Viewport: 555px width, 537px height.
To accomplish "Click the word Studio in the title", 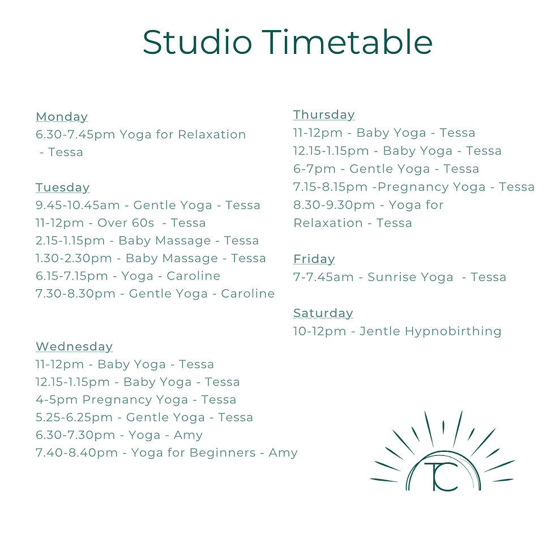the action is [197, 42].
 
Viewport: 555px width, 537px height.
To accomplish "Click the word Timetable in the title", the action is [347, 42].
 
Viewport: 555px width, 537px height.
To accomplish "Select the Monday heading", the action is [62, 117].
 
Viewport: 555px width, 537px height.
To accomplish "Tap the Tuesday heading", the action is [63, 188].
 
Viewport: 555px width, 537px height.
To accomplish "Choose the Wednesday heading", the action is [74, 346].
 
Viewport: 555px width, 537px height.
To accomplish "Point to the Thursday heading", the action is [324, 115].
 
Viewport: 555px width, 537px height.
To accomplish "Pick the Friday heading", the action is [314, 259].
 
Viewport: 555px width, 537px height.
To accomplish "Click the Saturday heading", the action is [323, 314].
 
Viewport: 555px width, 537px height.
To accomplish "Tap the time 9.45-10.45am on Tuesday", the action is [78, 205].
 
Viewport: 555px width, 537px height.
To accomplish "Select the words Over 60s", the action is [126, 223].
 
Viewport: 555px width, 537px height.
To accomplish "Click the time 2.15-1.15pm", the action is [70, 240].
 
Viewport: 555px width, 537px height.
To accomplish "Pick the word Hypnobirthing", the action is [453, 331].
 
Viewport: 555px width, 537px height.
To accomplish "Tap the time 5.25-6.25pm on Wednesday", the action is [74, 417].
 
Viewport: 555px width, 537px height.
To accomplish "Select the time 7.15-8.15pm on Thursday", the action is [330, 187].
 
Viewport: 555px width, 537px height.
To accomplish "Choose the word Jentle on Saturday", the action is [380, 331].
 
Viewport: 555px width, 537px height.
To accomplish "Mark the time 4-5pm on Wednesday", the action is [57, 399].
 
